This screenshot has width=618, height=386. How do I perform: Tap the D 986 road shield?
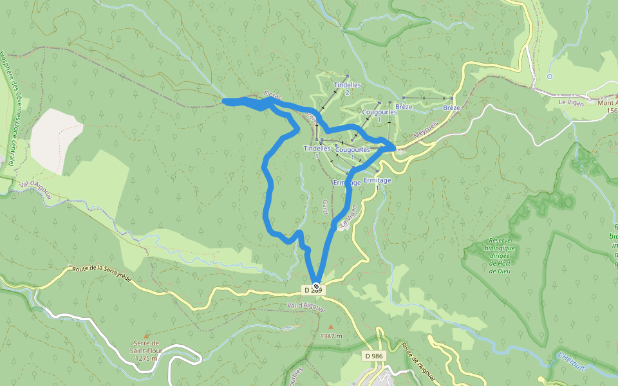tap(374, 356)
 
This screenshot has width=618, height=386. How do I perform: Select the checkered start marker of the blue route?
tap(316, 286)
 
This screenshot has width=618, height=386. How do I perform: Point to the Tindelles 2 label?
tap(347, 89)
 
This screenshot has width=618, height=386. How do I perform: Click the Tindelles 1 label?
tap(317, 152)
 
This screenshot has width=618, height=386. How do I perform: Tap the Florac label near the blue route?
tap(273, 96)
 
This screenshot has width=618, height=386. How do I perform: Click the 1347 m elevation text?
tap(330, 336)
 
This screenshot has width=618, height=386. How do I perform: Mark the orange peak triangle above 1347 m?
tap(331, 327)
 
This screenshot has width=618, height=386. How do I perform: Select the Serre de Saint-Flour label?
tap(147, 351)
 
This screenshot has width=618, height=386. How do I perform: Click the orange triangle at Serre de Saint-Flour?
tap(146, 336)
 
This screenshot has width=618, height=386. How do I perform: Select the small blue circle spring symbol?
tap(549, 77)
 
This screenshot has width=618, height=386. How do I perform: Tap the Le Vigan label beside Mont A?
tap(570, 102)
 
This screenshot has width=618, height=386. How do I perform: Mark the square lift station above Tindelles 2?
tap(347, 76)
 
